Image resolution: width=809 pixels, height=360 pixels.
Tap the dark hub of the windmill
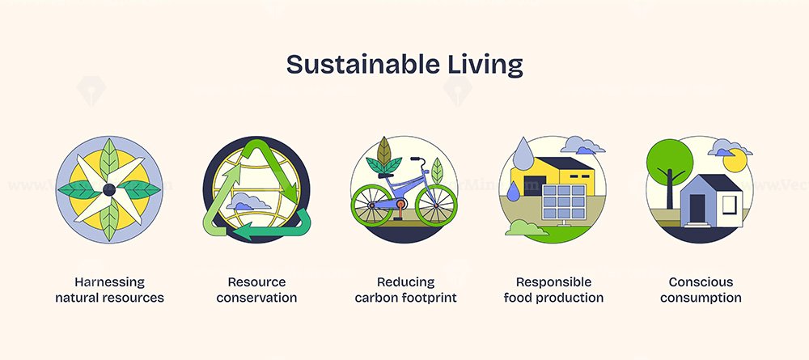point(109,190)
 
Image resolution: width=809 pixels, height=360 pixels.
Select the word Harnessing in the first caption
point(109,282)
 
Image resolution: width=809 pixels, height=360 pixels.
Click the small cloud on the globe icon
point(248,201)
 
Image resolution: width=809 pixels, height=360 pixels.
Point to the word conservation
point(256,298)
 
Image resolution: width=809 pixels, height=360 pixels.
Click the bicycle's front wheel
point(436,205)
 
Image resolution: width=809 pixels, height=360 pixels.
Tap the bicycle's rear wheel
point(371,205)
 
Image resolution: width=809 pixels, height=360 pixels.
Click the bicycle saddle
point(386,176)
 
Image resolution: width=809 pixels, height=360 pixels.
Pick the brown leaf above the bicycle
point(383,150)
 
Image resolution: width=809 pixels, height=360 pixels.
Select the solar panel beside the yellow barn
point(564,204)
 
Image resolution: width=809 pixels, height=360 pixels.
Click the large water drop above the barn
point(523,154)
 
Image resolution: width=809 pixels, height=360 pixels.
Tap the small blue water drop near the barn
point(514,191)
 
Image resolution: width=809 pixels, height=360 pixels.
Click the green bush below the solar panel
point(527,228)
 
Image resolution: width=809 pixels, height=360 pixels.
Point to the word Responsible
point(553,282)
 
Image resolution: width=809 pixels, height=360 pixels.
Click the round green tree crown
point(670,162)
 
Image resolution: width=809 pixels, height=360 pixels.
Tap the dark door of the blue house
point(697,209)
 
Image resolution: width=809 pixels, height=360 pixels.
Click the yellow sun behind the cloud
point(735,162)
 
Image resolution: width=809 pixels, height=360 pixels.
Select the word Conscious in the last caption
point(701,282)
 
